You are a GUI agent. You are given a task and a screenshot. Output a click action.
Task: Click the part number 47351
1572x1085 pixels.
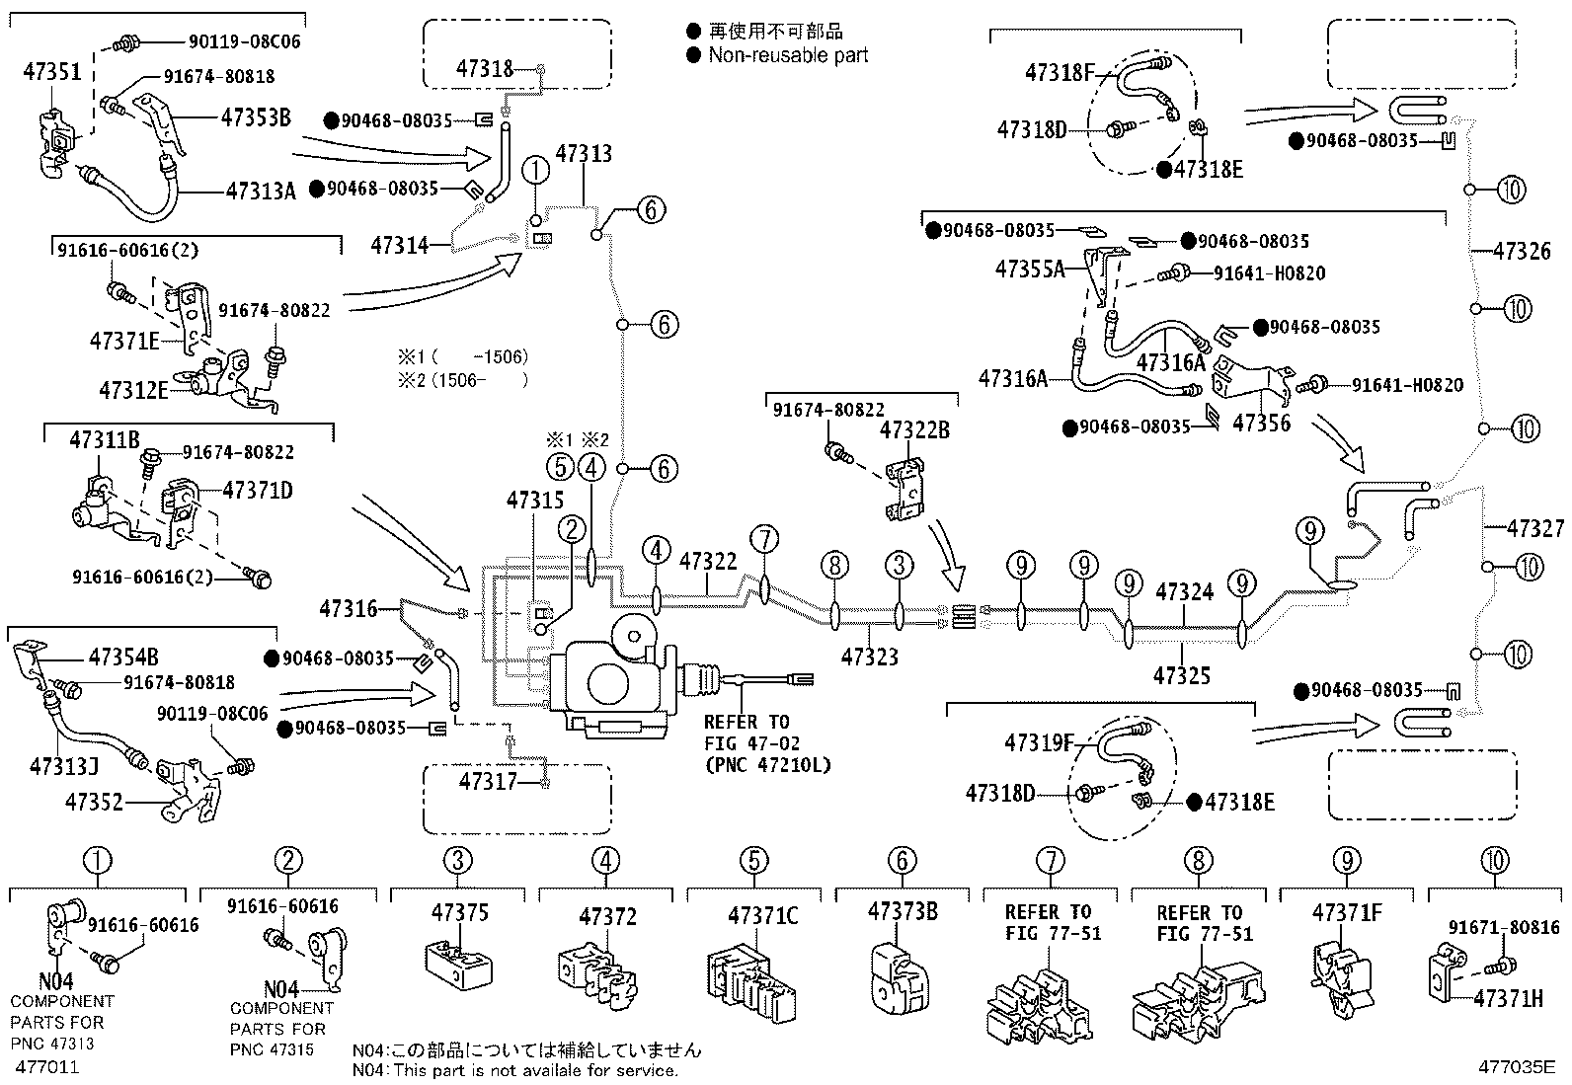[52, 72]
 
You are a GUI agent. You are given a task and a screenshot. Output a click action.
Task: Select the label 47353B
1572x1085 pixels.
[256, 117]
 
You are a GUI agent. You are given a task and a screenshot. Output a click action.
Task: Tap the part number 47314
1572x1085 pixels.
[399, 245]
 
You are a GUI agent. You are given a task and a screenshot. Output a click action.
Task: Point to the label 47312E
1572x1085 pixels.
[133, 390]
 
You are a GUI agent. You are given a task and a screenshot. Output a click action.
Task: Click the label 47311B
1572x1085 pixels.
[104, 440]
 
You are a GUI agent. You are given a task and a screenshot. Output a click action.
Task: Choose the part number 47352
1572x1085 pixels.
[94, 802]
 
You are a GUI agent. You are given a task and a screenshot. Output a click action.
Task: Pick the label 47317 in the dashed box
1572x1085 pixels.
[488, 781]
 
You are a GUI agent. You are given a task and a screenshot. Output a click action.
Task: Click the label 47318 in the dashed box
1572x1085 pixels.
[485, 69]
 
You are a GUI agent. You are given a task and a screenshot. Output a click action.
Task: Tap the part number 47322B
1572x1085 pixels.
[914, 429]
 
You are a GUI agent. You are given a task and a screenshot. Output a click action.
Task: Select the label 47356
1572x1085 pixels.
[1262, 423]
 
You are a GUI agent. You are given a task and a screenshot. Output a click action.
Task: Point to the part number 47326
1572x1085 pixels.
[1522, 251]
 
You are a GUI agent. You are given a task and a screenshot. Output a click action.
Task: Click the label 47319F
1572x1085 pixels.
[1040, 742]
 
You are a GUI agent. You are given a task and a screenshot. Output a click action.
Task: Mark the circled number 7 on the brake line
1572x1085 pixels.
[764, 540]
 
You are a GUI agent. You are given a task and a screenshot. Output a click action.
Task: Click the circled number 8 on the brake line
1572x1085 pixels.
[834, 565]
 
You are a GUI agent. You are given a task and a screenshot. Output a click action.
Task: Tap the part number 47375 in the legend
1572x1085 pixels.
[460, 912]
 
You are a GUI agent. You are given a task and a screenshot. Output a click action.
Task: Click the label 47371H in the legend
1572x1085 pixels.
[1508, 998]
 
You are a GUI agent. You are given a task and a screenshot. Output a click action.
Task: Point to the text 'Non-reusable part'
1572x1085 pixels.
[788, 54]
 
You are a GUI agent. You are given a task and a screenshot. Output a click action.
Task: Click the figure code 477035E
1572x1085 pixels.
[1517, 1067]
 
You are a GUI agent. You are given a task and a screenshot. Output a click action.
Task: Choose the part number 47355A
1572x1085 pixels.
[1030, 269]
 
